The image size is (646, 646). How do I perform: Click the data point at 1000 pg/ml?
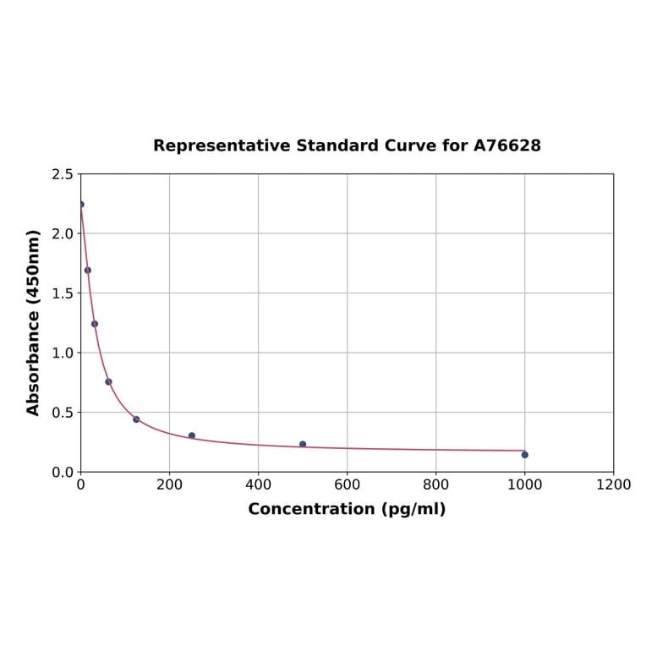pyautogui.click(x=524, y=455)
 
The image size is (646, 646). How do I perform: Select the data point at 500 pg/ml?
pyautogui.click(x=303, y=444)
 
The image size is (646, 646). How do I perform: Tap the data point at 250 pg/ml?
pyautogui.click(x=192, y=435)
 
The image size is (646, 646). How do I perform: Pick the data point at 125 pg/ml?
pyautogui.click(x=136, y=419)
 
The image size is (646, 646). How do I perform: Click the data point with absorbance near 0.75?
pyautogui.click(x=108, y=381)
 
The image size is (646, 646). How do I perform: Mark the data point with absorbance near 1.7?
pyautogui.click(x=88, y=271)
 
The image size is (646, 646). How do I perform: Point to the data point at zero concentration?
pyautogui.click(x=81, y=205)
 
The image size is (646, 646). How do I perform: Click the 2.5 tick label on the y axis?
pyautogui.click(x=63, y=174)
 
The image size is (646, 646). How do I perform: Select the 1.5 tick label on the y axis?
pyautogui.click(x=63, y=293)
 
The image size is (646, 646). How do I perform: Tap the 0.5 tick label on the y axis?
pyautogui.click(x=63, y=413)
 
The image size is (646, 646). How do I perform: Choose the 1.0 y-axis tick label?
pyautogui.click(x=63, y=353)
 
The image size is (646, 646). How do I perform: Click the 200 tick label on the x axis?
pyautogui.click(x=169, y=484)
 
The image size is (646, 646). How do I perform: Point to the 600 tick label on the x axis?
pyautogui.click(x=347, y=484)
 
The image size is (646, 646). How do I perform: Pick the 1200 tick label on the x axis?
pyautogui.click(x=613, y=484)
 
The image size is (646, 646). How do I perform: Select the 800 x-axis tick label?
pyautogui.click(x=435, y=484)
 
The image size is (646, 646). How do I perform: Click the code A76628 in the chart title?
pyautogui.click(x=506, y=146)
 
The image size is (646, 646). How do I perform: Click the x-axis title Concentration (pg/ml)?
pyautogui.click(x=347, y=509)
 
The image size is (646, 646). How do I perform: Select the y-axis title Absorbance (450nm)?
pyautogui.click(x=34, y=322)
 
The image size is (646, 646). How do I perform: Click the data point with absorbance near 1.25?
pyautogui.click(x=95, y=324)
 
